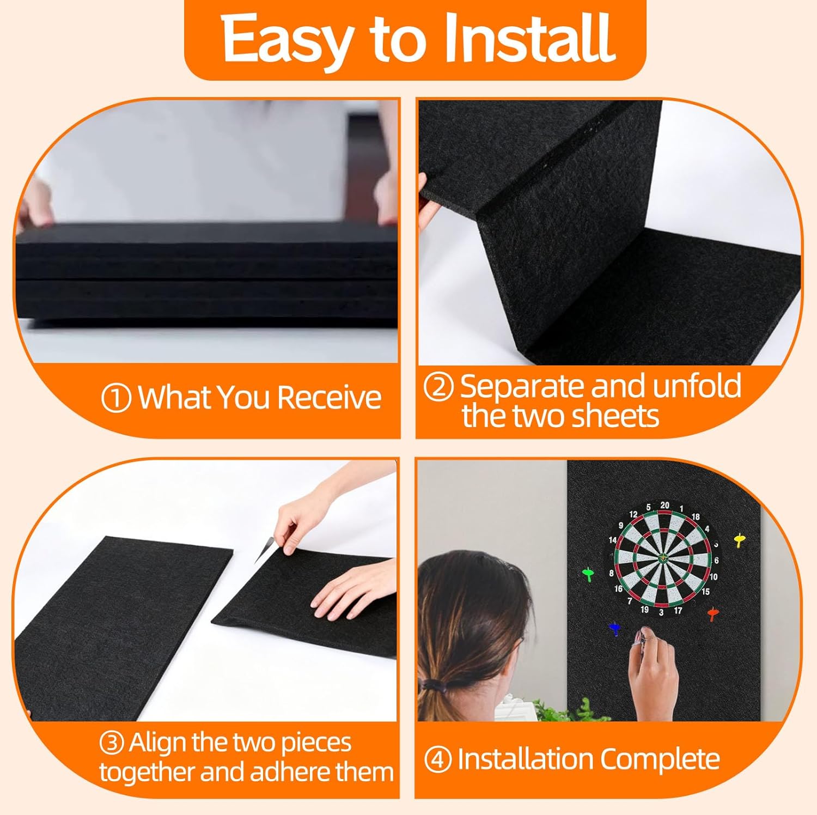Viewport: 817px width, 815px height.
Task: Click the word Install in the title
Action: [530, 39]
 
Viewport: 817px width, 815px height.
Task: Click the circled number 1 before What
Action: [116, 398]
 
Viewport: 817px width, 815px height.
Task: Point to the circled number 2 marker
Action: [438, 387]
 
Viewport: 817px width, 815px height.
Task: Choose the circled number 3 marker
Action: [112, 744]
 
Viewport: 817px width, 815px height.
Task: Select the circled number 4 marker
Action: [438, 760]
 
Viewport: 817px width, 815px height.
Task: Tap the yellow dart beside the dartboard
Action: [739, 540]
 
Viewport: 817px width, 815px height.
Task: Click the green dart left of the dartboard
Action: [588, 574]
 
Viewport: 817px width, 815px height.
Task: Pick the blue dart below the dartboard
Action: [615, 629]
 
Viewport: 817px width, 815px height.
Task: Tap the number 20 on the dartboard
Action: [665, 505]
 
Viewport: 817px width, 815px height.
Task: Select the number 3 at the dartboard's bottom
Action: [661, 612]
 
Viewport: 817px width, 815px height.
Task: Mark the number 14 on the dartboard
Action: [613, 540]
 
